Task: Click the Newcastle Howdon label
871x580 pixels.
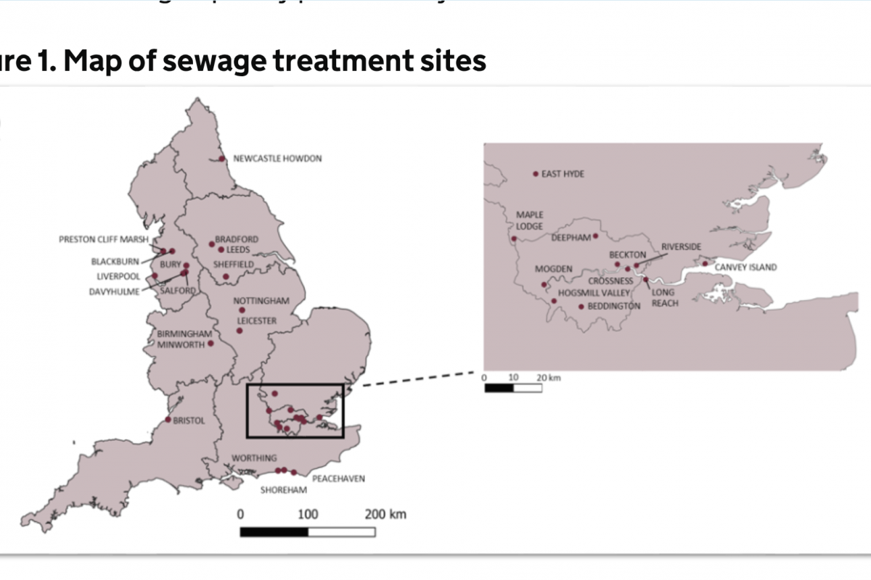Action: coord(277,159)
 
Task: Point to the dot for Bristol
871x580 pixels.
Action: coord(168,420)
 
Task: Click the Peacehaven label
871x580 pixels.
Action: coord(338,478)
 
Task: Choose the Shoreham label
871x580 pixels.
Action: coord(283,490)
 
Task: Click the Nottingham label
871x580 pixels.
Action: coord(261,301)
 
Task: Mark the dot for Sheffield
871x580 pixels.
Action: coord(226,276)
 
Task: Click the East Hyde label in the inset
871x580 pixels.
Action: coord(563,174)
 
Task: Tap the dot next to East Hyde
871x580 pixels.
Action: coord(536,174)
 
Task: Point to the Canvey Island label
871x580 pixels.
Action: coord(745,267)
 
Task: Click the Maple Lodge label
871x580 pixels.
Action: coord(529,220)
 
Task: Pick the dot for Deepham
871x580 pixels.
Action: coord(596,236)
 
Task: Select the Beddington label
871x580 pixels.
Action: coord(614,306)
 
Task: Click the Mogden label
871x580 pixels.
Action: coord(554,269)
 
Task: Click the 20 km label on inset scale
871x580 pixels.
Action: coord(549,378)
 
